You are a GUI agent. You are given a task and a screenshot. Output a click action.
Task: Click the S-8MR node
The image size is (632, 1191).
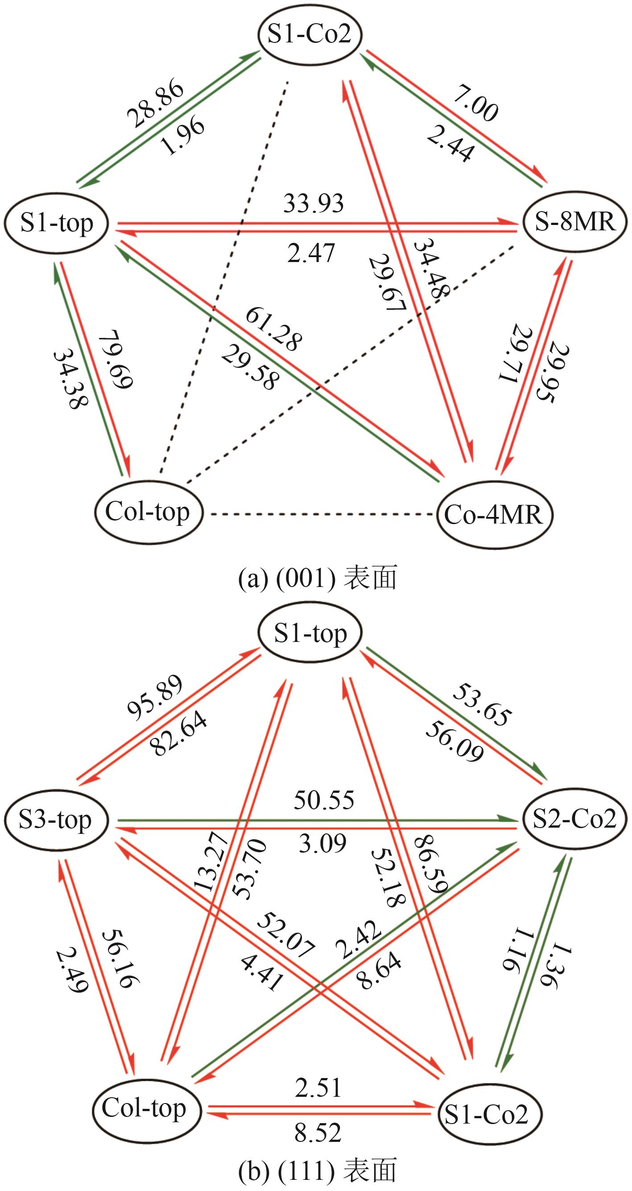point(575,223)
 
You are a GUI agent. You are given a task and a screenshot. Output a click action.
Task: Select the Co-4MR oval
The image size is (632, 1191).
point(493,514)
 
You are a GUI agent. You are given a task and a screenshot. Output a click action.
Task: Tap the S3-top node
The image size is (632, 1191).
point(55,820)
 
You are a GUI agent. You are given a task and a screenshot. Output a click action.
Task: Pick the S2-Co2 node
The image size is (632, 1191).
point(575,819)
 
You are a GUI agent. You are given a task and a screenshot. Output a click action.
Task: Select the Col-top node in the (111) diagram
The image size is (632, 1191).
point(144,1109)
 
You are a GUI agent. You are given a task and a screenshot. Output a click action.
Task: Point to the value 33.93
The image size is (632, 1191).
point(314,204)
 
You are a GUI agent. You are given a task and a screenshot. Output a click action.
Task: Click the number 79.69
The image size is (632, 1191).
point(116,359)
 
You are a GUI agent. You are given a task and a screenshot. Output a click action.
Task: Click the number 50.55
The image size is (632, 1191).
point(324,800)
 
